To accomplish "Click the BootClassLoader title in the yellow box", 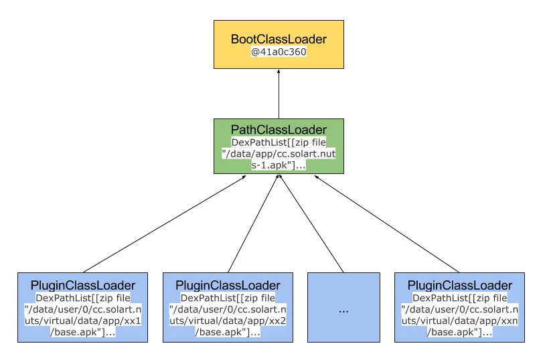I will pyautogui.click(x=279, y=39).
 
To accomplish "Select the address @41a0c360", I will pyautogui.click(x=279, y=52).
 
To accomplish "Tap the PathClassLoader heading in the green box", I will pyautogui.click(x=279, y=129).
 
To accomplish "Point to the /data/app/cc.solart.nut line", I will pyautogui.click(x=279, y=153).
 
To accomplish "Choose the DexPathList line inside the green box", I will pyautogui.click(x=279, y=143).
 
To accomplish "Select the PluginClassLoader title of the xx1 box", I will pyautogui.click(x=83, y=286).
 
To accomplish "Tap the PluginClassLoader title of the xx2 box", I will pyautogui.click(x=228, y=286).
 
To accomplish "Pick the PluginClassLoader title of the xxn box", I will pyautogui.click(x=459, y=286).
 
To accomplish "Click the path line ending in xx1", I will pyautogui.click(x=83, y=320).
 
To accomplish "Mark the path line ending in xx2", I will pyautogui.click(x=228, y=320).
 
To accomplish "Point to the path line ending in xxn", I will pyautogui.click(x=459, y=320).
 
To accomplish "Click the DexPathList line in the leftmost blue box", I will pyautogui.click(x=83, y=298).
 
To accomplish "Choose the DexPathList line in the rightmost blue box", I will pyautogui.click(x=459, y=298).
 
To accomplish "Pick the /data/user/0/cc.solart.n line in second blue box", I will pyautogui.click(x=228, y=308).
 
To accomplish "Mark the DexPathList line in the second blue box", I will pyautogui.click(x=228, y=298).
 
